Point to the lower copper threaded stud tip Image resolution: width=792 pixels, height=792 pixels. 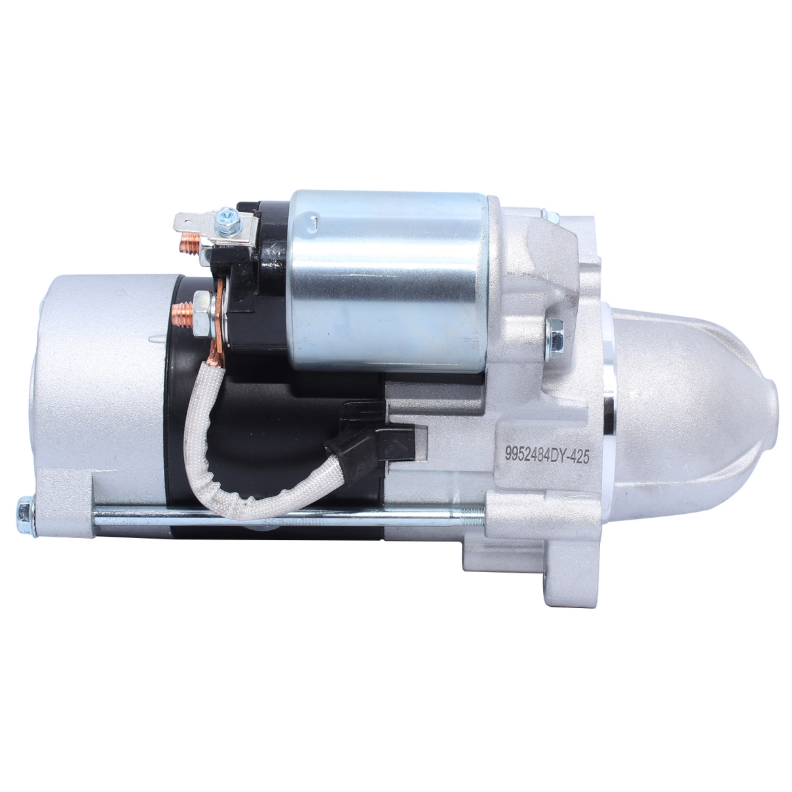pyautogui.click(x=181, y=313)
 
